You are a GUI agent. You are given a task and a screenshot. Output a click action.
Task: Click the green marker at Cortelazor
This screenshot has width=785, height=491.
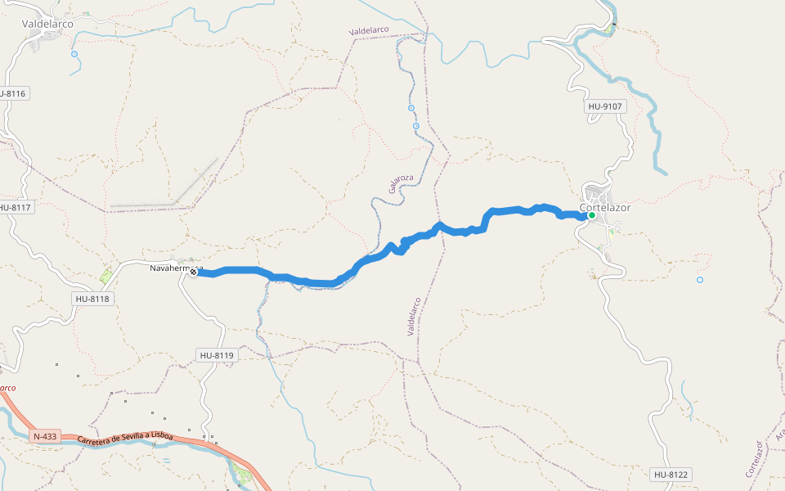(x=591, y=215)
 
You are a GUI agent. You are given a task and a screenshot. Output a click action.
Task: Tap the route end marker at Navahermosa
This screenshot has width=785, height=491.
(x=194, y=273)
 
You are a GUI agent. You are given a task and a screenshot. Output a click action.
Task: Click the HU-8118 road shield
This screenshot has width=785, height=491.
(x=92, y=299)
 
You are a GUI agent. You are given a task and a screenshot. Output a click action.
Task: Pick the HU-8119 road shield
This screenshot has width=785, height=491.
(x=217, y=355)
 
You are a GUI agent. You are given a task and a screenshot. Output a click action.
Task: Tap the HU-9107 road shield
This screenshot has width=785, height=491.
(x=605, y=106)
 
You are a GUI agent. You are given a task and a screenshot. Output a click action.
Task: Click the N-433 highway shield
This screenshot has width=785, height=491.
(x=45, y=436)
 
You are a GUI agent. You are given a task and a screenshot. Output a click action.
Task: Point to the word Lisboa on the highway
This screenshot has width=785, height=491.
(x=160, y=436)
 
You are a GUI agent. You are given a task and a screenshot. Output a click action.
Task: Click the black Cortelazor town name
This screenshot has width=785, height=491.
(x=605, y=207)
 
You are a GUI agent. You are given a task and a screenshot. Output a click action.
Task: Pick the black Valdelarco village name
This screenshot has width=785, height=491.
(x=48, y=24)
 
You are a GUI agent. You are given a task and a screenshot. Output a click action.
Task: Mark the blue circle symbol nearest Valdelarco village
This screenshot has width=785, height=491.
(x=74, y=54)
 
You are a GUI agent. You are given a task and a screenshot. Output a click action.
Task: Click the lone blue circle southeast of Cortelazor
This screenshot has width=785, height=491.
(x=700, y=280)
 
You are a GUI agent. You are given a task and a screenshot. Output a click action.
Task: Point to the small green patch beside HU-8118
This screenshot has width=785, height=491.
(x=105, y=277)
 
